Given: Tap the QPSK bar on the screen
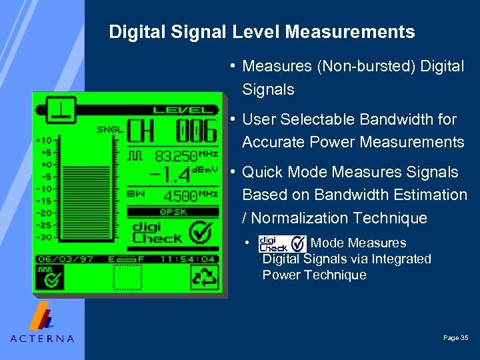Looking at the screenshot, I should pos(173,211).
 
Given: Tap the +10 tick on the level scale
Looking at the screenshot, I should pos(45,140).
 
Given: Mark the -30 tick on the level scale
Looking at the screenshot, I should pos(45,237).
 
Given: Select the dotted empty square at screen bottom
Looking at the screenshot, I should pos(127,277).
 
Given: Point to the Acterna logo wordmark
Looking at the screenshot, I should pos(42,338).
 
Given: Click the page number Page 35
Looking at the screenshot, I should pos(456,338).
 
